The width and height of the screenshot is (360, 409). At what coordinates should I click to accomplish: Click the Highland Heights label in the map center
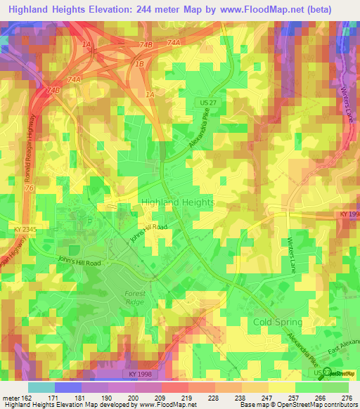(x=178, y=202)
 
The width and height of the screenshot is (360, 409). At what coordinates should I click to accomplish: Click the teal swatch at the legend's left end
(x=41, y=387)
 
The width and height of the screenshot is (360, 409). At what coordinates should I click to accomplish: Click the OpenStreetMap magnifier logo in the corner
(x=324, y=373)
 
